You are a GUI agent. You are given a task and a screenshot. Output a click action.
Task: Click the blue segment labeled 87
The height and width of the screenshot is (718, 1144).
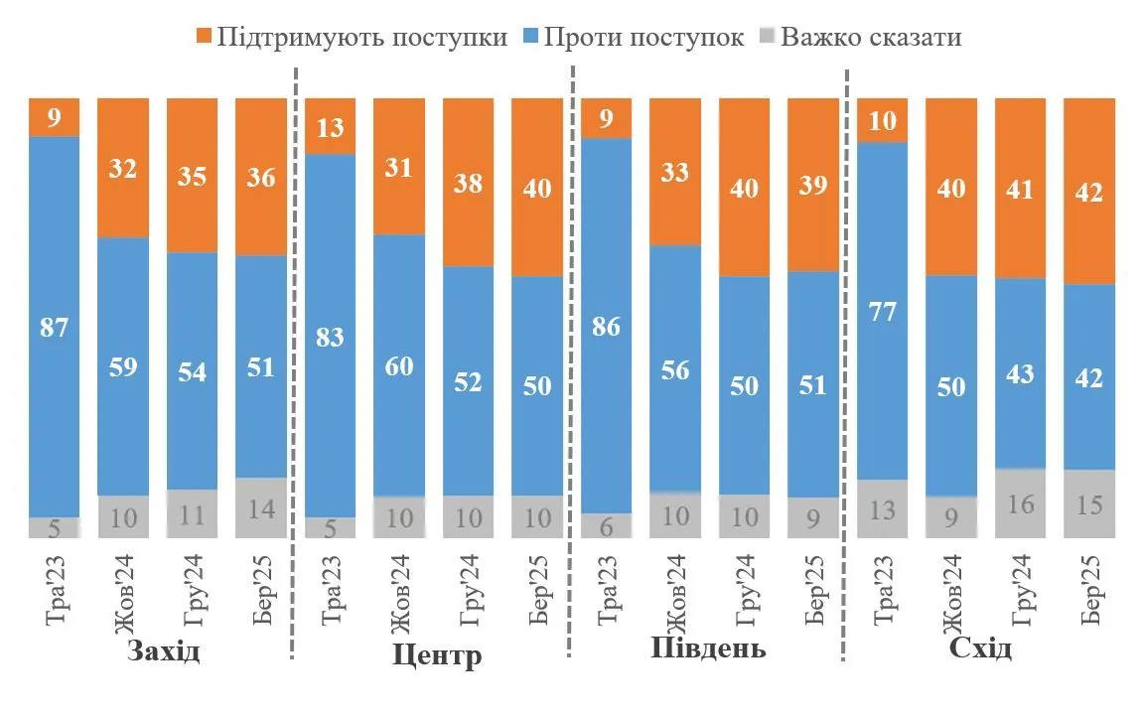point(54,327)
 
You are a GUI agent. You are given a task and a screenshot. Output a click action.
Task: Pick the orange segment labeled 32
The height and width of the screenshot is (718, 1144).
point(123,168)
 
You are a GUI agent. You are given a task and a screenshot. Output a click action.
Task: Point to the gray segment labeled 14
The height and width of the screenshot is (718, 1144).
point(261,507)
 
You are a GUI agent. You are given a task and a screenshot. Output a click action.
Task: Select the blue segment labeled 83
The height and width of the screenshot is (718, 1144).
point(330,337)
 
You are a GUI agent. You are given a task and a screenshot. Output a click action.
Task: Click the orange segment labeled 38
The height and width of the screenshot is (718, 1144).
point(468,183)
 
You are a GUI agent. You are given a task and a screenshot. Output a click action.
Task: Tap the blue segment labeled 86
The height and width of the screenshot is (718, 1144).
point(606,325)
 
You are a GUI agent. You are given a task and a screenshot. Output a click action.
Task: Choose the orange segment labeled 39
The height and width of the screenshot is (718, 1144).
point(812,185)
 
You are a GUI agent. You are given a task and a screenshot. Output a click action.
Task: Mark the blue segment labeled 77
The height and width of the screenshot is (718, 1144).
point(882,312)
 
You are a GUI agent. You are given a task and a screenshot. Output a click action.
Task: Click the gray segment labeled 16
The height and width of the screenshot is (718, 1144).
point(1020,503)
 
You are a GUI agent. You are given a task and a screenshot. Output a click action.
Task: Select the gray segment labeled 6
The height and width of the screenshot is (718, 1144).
point(606,525)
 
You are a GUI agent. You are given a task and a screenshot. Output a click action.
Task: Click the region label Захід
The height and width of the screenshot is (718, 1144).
point(164,652)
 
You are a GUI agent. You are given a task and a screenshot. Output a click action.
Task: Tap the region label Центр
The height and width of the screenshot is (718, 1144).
point(437,655)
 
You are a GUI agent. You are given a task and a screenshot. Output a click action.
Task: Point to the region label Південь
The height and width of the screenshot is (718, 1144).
point(708,649)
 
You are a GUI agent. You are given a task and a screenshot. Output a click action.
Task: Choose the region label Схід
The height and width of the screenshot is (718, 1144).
point(980,649)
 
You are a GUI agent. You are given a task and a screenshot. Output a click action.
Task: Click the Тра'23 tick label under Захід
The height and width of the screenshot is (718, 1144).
point(55,594)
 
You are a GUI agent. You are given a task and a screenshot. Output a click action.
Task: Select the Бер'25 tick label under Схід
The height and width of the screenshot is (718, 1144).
point(1090,594)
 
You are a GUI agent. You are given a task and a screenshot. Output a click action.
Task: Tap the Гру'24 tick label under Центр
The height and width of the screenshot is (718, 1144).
point(469,594)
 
